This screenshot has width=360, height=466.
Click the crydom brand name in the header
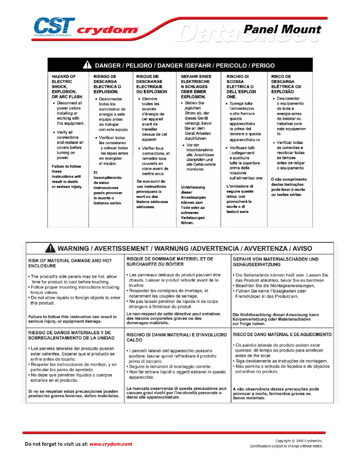[x=107, y=30]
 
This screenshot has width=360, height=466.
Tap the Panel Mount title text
[x=282, y=30]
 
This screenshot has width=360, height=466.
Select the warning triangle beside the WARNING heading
[x=50, y=249]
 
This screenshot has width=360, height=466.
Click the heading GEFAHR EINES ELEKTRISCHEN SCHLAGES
[x=196, y=87]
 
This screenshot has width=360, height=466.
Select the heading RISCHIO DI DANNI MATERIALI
[x=176, y=337]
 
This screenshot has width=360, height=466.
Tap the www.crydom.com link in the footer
[x=111, y=444]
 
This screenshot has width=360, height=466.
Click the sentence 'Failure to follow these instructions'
[x=67, y=177]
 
